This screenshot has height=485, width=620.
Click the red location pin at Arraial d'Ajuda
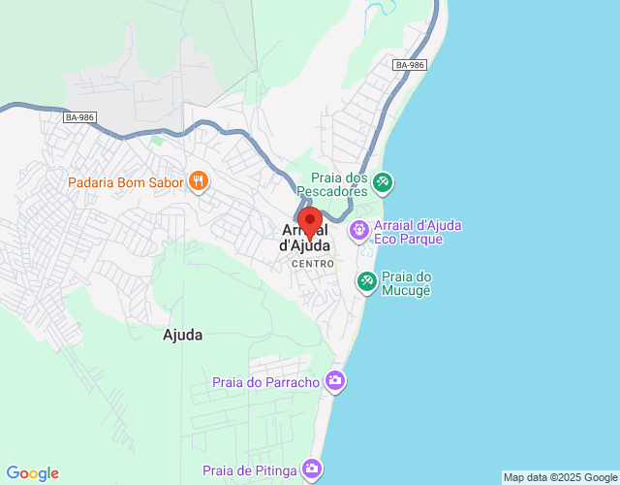pos(310,222)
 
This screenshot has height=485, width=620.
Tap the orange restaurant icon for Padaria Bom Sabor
pos(200,180)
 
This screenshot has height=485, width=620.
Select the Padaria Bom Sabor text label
pos(125,182)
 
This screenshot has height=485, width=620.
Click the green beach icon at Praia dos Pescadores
pos(384,180)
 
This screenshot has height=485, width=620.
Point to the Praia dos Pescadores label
pos(339,184)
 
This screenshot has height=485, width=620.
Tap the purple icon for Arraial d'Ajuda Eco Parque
pos(359,230)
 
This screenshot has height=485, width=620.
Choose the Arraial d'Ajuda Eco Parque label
pos(417,232)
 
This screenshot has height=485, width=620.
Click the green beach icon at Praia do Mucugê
pos(367,282)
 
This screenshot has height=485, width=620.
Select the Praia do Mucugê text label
pos(407,282)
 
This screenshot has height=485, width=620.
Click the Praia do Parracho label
pos(266,382)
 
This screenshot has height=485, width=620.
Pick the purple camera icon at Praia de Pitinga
pos(312,469)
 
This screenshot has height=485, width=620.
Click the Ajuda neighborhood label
pos(183,336)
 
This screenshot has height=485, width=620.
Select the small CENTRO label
pos(313,264)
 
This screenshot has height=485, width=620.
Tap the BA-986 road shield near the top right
pos(410,65)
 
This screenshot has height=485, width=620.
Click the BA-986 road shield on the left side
pos(80,117)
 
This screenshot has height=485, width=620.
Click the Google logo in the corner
pos(32,473)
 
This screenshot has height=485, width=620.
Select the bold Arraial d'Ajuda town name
pos(306,239)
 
